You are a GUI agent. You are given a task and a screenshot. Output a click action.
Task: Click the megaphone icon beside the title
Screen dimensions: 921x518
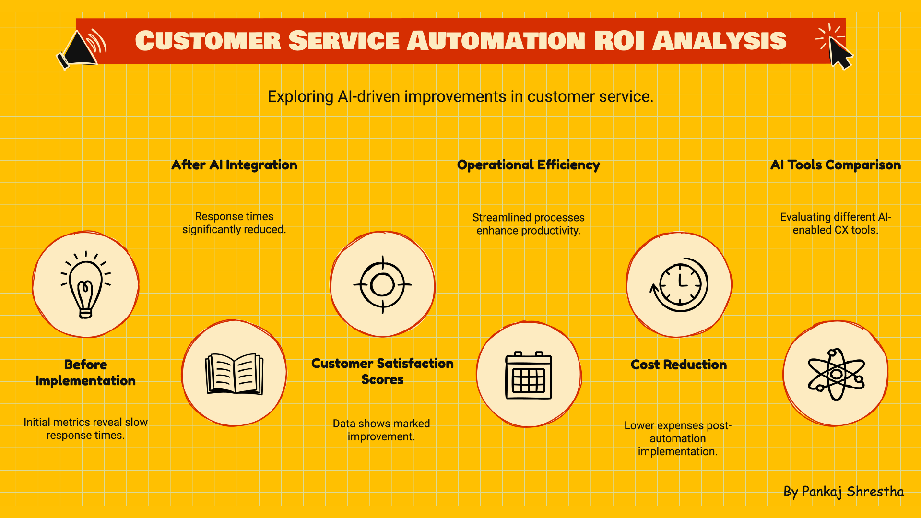[x=81, y=49]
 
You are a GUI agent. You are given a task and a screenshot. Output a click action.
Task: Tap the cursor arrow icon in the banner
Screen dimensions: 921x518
[x=836, y=47]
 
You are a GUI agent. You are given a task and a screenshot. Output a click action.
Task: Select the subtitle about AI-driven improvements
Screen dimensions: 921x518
[x=460, y=96]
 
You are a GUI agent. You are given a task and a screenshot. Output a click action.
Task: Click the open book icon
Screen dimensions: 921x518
[x=235, y=374]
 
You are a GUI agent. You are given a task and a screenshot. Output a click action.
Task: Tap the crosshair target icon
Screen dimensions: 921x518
[x=382, y=285]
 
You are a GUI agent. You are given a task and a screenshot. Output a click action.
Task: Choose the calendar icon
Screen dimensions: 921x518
[x=529, y=375]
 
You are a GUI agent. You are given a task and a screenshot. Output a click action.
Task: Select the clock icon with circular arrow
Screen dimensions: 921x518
[x=679, y=284]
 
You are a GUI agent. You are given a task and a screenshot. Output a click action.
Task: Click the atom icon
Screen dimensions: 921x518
[x=836, y=374]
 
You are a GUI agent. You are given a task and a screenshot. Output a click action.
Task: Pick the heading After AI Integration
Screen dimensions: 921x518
[x=234, y=165]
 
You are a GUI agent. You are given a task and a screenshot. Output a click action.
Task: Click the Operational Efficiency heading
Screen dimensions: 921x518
[x=529, y=165]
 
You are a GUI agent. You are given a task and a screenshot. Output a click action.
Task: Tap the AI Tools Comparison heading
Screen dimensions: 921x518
[x=836, y=165]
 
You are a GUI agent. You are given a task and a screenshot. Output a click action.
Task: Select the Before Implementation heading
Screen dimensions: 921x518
[x=85, y=373]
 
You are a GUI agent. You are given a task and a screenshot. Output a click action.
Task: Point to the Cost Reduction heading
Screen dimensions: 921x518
[x=679, y=365]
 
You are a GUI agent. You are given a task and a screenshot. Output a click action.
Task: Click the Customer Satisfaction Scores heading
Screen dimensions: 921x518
[x=382, y=371]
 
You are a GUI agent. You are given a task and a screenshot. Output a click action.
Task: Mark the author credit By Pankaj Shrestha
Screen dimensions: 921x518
[x=843, y=492]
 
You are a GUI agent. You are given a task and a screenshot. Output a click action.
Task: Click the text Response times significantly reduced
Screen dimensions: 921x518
[x=234, y=223]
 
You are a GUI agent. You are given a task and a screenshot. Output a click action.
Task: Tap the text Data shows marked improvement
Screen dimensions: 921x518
[x=381, y=430]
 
